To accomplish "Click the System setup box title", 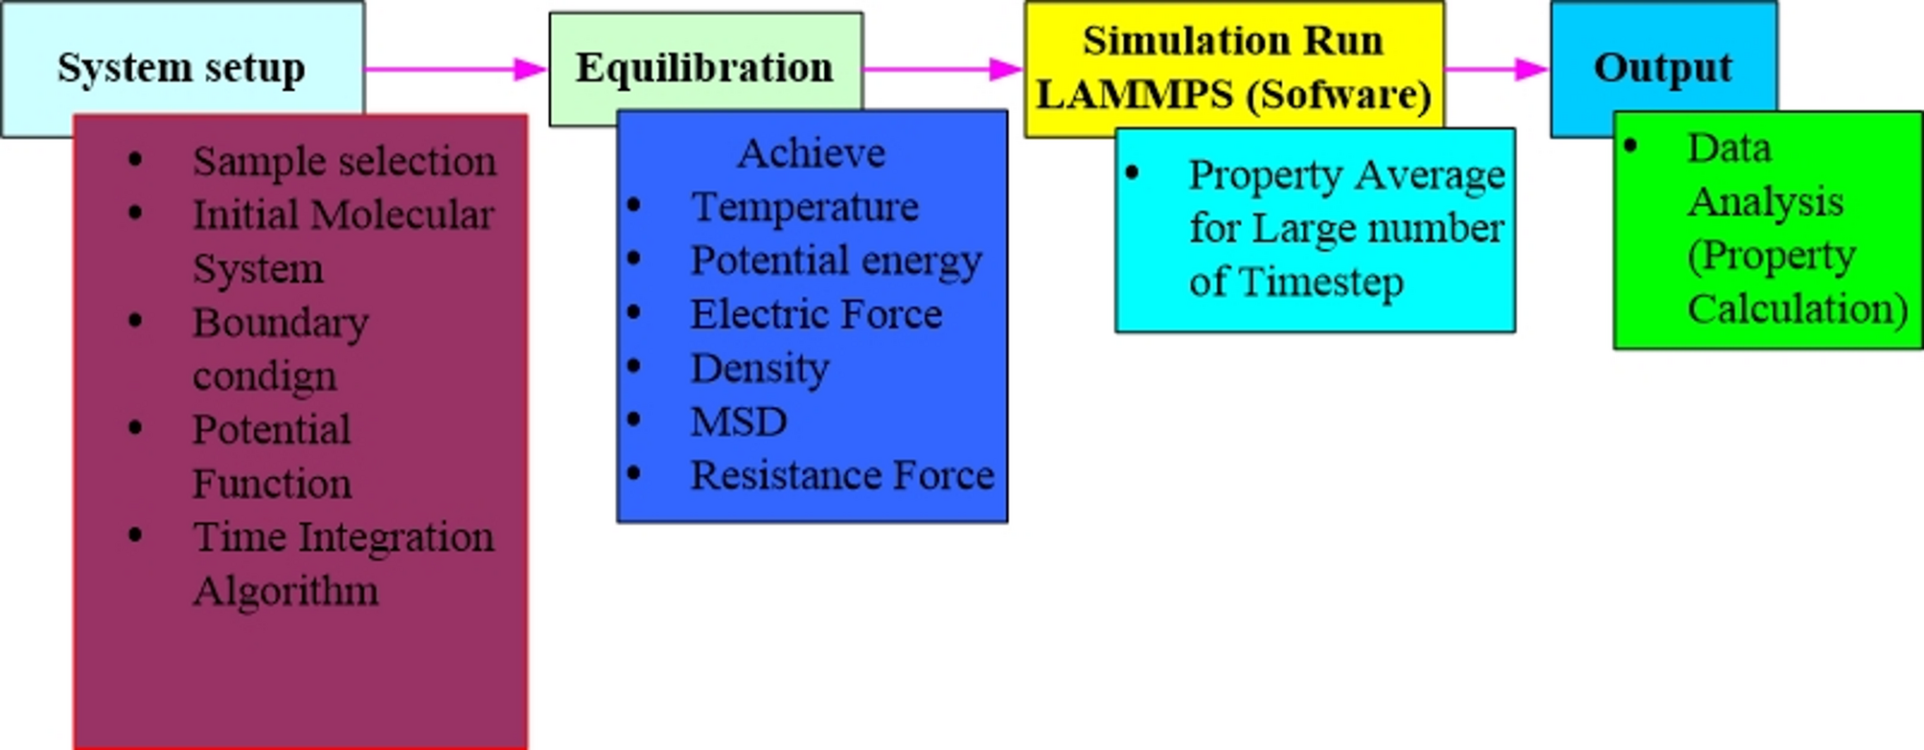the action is point(181,68).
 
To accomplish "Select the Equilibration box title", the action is point(704,68).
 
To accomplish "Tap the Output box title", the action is point(1662,68).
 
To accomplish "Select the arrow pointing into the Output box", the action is point(1496,69).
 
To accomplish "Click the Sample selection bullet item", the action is point(344,161).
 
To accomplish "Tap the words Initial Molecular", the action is point(343,215).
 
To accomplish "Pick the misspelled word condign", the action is point(264,376).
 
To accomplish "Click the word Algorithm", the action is point(286,591).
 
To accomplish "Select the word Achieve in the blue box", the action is point(811,153).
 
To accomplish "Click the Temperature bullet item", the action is point(805,207).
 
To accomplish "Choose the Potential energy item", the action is point(836,261).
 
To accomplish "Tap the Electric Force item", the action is point(816,314).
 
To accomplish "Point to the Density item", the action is point(760,368).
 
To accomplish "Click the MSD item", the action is point(739,421).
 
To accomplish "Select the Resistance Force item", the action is point(842,475).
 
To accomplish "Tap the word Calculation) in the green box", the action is point(1798,309).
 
